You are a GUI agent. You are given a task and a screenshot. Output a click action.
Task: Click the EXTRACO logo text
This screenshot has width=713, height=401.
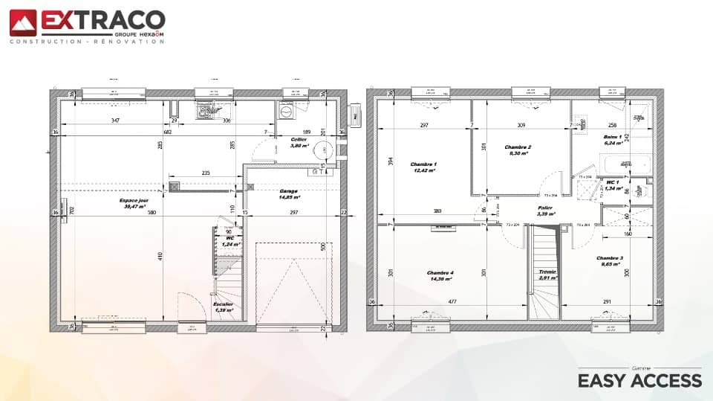point(102,20)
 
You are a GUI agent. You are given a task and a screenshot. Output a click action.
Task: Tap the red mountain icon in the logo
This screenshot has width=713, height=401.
point(22,23)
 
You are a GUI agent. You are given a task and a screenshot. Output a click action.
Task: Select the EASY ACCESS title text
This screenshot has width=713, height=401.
point(639,380)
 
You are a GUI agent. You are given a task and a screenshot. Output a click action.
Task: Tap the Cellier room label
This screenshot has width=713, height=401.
point(299,139)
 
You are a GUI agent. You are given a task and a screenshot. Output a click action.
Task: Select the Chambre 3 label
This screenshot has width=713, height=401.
point(610,258)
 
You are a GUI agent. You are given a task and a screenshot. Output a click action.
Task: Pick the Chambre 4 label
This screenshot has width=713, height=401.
point(440,273)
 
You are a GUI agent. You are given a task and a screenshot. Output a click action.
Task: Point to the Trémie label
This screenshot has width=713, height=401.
point(547,272)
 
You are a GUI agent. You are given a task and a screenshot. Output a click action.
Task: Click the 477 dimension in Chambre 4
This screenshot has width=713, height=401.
point(451,301)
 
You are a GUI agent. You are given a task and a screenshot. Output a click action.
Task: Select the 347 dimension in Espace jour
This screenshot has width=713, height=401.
point(115,120)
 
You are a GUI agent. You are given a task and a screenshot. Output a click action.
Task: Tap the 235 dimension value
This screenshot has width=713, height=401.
point(206,173)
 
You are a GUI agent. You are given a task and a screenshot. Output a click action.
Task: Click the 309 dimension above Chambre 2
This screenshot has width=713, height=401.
point(521,125)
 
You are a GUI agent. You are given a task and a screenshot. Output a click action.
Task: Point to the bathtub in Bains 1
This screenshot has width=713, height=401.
point(625,164)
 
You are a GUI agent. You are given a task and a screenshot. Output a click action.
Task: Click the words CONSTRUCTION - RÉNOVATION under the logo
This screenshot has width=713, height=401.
point(87,42)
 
